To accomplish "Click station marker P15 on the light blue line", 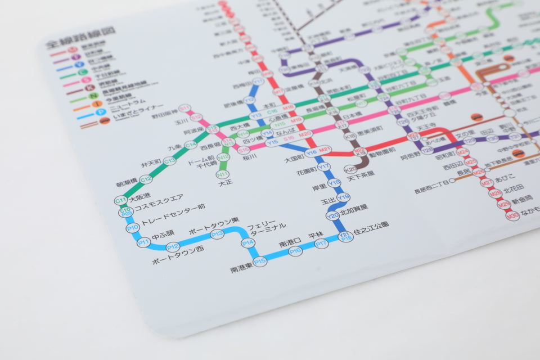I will click(260, 262).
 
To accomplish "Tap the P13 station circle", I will click(217, 235).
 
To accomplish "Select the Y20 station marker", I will click(332, 215).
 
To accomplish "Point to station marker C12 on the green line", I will click(146, 179).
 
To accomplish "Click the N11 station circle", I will click(222, 174).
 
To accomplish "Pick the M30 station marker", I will click(512, 215).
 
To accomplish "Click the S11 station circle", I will click(184, 109).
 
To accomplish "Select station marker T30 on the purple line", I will click(493, 138).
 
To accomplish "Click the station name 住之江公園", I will click(371, 226).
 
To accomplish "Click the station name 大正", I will click(226, 183).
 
